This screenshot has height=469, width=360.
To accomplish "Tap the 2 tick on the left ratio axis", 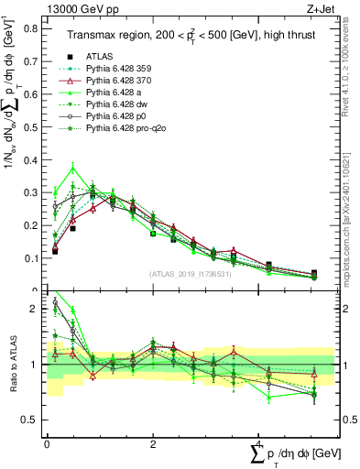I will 36,309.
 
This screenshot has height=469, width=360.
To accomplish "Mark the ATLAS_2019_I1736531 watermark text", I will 183,274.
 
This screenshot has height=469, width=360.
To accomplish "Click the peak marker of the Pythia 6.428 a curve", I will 73,168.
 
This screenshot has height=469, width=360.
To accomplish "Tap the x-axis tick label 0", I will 47,443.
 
